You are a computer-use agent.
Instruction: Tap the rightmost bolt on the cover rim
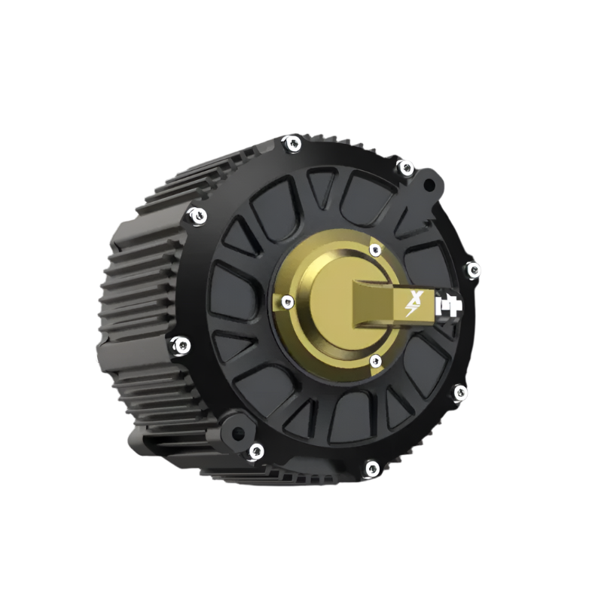(473, 270)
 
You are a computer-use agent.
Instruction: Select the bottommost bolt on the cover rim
(371, 468)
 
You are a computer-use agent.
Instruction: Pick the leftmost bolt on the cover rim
(181, 345)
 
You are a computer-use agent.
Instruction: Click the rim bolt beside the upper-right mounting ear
(405, 167)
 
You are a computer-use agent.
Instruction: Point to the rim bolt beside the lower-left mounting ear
(256, 451)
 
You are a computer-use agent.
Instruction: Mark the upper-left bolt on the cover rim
(197, 215)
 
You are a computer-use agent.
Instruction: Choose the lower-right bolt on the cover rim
(459, 392)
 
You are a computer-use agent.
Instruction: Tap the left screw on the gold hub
(286, 302)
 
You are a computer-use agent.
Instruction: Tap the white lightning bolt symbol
(412, 308)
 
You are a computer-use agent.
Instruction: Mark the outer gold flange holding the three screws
(301, 331)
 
